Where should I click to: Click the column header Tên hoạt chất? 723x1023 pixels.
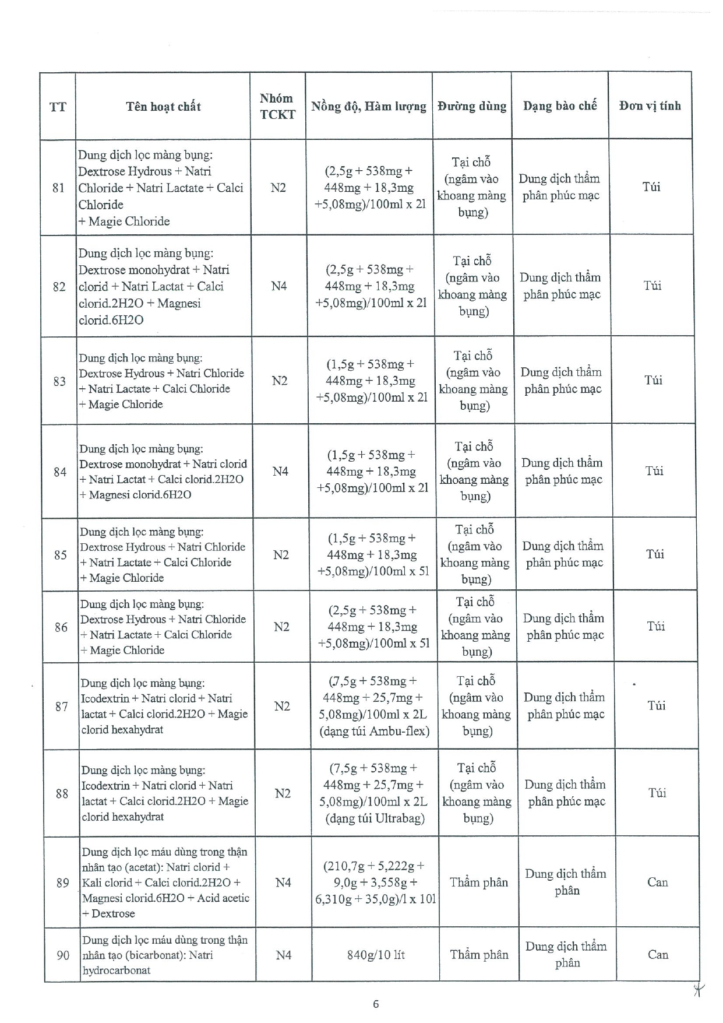click(x=163, y=106)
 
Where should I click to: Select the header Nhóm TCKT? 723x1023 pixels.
click(x=277, y=106)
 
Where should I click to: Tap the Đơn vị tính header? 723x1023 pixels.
click(x=650, y=106)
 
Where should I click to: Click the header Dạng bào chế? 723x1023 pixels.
click(x=559, y=106)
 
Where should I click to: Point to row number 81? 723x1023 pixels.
click(x=58, y=188)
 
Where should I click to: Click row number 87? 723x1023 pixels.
click(x=62, y=706)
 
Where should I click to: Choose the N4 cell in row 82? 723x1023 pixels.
click(x=279, y=286)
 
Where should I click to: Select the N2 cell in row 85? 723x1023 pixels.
click(x=281, y=554)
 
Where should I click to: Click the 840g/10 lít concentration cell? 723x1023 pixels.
click(x=376, y=955)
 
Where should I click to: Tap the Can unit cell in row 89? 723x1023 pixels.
click(x=657, y=882)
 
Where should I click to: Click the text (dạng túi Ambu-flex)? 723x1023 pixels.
click(x=374, y=731)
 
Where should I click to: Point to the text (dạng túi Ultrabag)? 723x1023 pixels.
click(x=375, y=818)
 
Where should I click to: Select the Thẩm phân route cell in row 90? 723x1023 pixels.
click(x=479, y=955)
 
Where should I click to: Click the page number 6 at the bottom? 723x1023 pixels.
click(x=376, y=1004)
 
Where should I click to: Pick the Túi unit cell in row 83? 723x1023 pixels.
click(x=653, y=380)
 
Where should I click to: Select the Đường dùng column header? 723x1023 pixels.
click(x=472, y=106)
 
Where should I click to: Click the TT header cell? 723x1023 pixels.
click(x=58, y=107)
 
